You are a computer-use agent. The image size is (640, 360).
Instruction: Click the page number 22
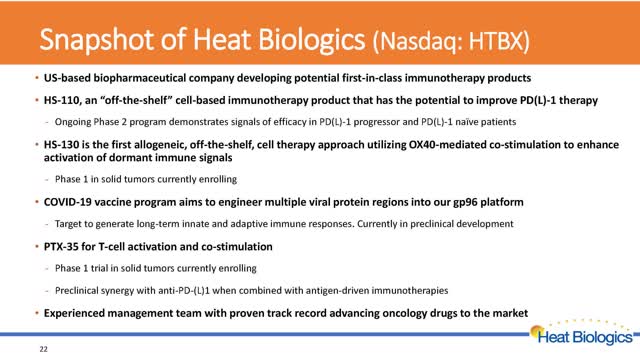(44, 349)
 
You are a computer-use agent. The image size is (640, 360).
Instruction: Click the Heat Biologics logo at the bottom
(584, 334)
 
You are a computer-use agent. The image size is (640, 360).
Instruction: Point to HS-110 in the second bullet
(62, 100)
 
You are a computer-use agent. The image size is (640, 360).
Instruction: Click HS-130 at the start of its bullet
(61, 145)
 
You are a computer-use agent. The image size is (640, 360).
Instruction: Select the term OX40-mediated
(447, 145)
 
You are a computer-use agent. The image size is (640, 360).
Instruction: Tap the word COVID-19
(68, 202)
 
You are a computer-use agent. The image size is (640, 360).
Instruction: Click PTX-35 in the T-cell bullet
(61, 247)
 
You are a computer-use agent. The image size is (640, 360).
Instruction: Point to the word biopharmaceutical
(140, 78)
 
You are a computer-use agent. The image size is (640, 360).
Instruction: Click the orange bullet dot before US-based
(37, 77)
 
